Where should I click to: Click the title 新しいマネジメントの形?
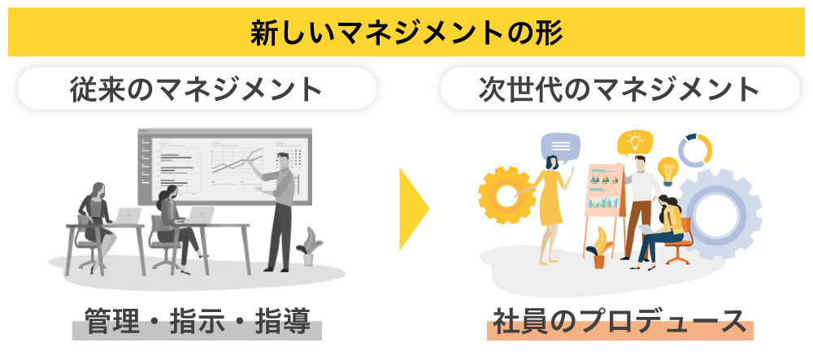tap(406, 33)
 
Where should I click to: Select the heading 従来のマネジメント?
tap(197, 89)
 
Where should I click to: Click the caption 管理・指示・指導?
tap(197, 321)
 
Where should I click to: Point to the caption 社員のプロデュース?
tap(620, 321)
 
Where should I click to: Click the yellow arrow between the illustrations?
tap(413, 209)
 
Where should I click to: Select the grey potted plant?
tap(309, 246)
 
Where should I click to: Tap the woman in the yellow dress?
tap(549, 208)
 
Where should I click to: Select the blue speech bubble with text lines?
tap(560, 147)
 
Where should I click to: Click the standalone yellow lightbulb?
tap(667, 171)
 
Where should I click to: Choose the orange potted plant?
tap(599, 249)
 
